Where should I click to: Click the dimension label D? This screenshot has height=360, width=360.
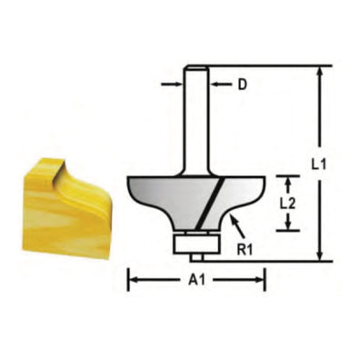pos(243,85)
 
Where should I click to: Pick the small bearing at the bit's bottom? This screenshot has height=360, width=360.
pos(196,240)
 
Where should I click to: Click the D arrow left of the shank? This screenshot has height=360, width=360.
pos(173,85)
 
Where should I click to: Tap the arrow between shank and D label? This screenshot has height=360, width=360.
pos(220,85)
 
